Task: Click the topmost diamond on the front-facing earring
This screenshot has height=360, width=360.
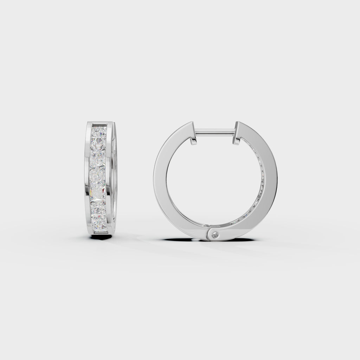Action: (x=99, y=132)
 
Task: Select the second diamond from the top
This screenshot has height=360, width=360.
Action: (x=99, y=145)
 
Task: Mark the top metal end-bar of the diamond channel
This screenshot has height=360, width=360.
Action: (x=99, y=124)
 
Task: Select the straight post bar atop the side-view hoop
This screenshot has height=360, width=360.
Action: (x=215, y=132)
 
